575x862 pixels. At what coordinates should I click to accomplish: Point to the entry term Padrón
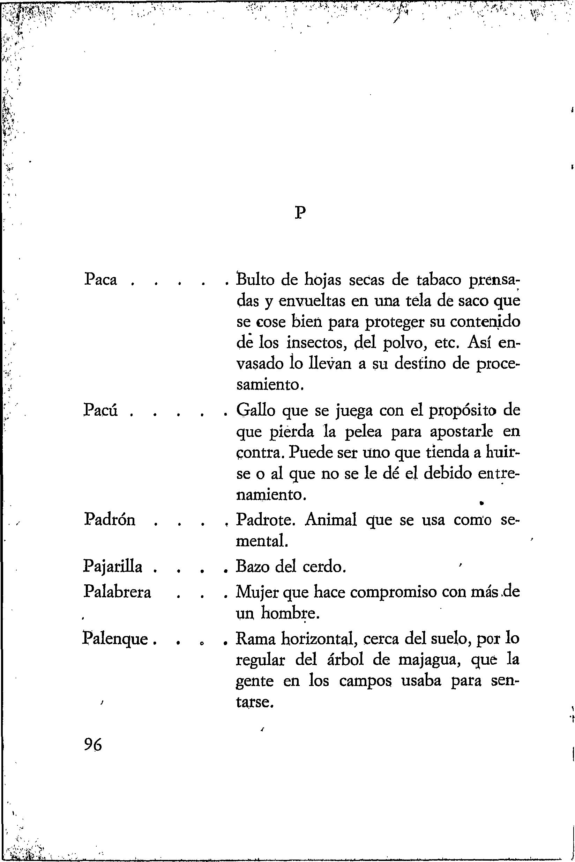pyautogui.click(x=109, y=520)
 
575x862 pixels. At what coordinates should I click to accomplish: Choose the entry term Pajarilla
pyautogui.click(x=113, y=568)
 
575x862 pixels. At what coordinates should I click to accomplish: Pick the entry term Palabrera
pyautogui.click(x=117, y=592)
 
